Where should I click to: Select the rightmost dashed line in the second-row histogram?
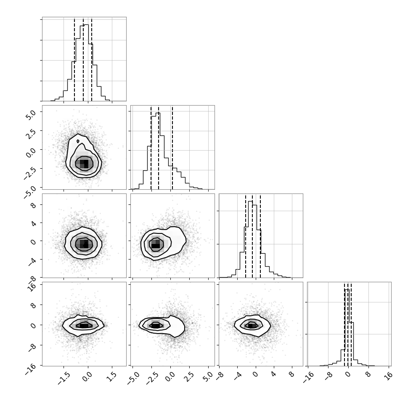coord(172,147)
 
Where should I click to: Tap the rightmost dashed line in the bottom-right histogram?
coord(351,324)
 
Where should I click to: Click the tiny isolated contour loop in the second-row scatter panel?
coord(78,141)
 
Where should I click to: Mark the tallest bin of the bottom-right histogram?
coord(347,327)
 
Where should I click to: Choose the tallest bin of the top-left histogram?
coord(86,63)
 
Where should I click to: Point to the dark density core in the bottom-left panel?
coord(84,325)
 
